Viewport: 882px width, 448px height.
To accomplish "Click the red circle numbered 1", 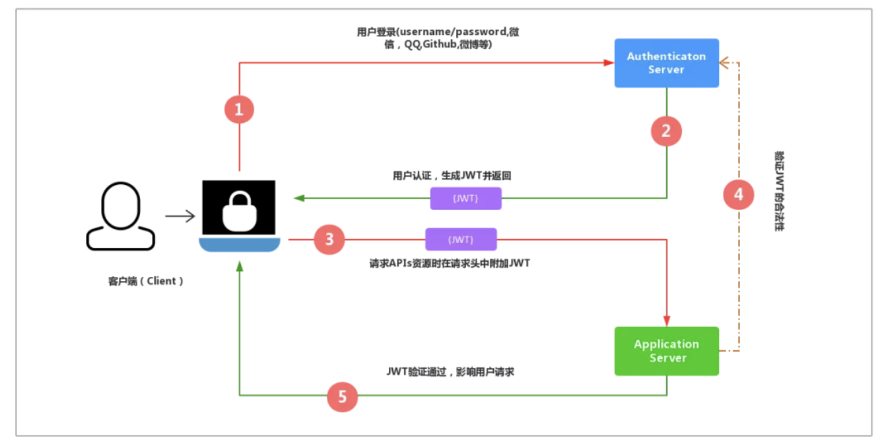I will (239, 109).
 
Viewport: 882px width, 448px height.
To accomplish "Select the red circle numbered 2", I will (666, 131).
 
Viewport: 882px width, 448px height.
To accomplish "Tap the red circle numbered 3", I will (329, 239).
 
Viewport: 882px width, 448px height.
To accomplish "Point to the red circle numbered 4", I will (738, 194).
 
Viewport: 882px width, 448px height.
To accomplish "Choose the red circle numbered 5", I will (343, 397).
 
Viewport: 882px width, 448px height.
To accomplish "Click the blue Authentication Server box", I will (666, 63).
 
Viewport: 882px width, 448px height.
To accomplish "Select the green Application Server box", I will (666, 351).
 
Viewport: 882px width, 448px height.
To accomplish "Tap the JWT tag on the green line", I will (465, 198).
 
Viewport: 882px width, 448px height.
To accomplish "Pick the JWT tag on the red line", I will (461, 239).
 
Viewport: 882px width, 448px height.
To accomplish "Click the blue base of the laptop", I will (240, 244).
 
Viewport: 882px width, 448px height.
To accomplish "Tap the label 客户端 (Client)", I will (146, 281).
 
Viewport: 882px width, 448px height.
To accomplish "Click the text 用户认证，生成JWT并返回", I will (452, 176).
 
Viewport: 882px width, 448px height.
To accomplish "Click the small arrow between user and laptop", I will (180, 215).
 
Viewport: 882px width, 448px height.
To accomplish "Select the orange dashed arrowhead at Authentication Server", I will (724, 63).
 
